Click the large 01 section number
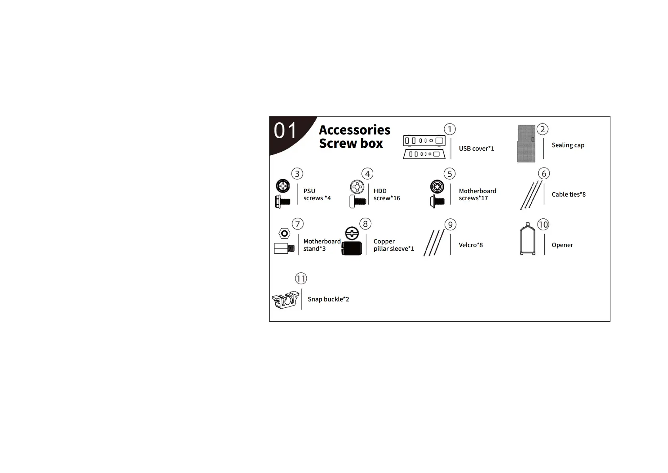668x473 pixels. [285, 131]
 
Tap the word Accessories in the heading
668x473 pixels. [354, 130]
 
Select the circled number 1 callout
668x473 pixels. [449, 129]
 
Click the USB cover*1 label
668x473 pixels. [476, 149]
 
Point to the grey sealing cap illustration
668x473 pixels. [526, 144]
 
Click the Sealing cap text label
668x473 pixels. [568, 145]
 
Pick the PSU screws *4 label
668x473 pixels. [317, 195]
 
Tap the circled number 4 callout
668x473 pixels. [367, 174]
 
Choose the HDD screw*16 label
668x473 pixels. [386, 195]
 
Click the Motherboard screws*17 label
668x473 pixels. [477, 195]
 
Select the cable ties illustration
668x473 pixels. [531, 195]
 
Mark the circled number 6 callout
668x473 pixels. [544, 174]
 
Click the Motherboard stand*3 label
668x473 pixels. [321, 245]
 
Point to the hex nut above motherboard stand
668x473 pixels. [284, 234]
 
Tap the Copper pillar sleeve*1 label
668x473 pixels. [393, 245]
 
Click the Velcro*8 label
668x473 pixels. [470, 245]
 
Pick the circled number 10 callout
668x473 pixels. [543, 224]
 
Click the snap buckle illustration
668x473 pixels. [285, 300]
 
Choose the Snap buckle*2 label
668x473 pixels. [328, 299]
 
